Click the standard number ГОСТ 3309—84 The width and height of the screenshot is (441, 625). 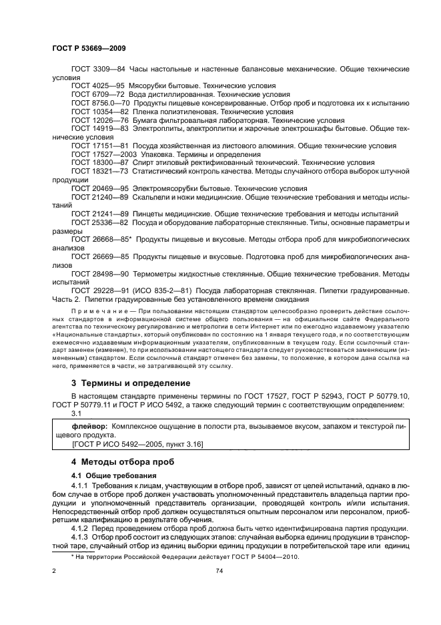click(98, 69)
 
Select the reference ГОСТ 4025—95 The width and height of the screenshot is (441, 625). click(98, 86)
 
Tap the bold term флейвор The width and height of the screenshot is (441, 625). click(90, 425)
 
